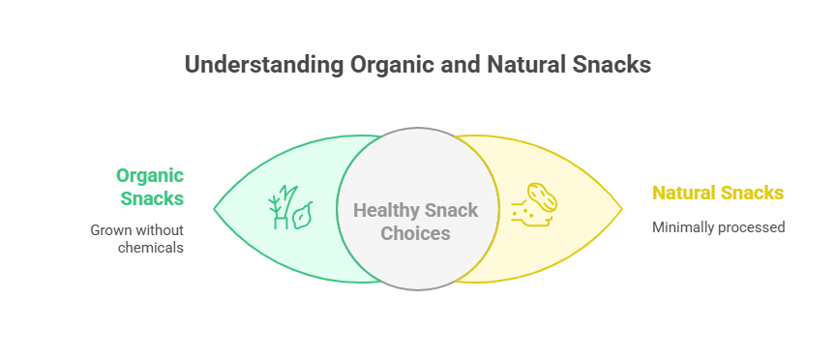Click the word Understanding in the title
264,65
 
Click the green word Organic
150,176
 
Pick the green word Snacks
152,198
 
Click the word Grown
111,230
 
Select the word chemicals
151,248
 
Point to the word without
160,230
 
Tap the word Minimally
683,227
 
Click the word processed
752,228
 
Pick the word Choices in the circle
416,233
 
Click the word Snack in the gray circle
452,210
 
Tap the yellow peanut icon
542,197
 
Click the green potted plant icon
281,208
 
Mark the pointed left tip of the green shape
215,208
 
